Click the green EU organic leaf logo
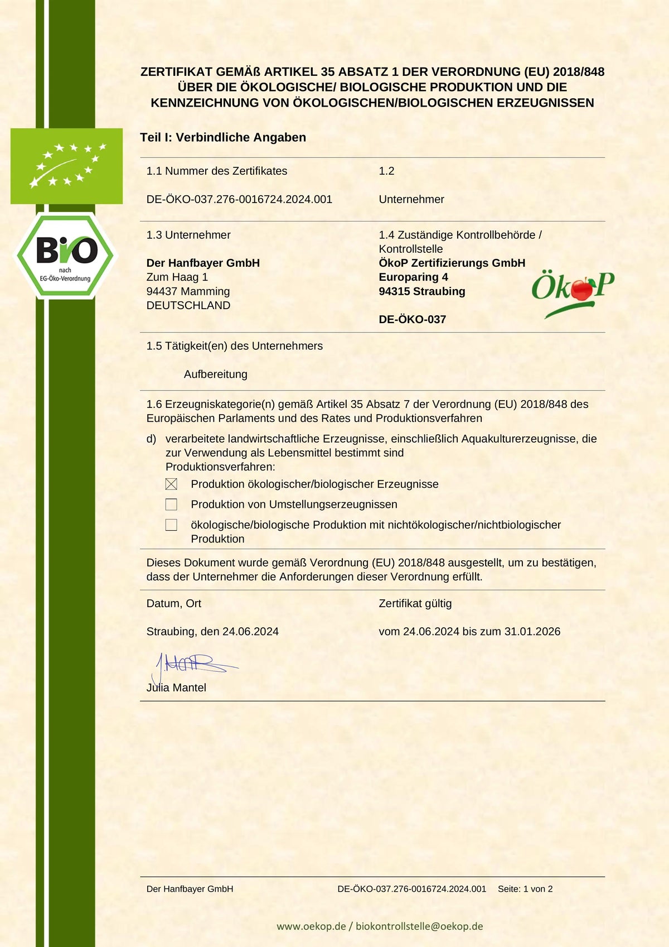point(66,166)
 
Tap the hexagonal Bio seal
point(65,256)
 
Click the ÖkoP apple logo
point(573,292)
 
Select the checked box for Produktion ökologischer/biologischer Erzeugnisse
point(171,484)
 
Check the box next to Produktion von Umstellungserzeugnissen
point(171,504)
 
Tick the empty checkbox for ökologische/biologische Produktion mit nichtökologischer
point(171,525)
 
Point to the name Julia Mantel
point(176,688)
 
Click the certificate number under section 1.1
point(239,199)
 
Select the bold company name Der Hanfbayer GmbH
point(203,263)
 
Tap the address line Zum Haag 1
point(177,277)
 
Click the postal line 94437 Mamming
point(188,291)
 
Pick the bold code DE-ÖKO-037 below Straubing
point(412,320)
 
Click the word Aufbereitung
point(215,374)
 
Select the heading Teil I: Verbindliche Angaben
point(223,137)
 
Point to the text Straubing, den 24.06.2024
point(212,632)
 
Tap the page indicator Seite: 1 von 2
point(525,889)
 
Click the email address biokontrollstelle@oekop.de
point(419,926)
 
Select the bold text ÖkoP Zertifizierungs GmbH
point(452,263)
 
